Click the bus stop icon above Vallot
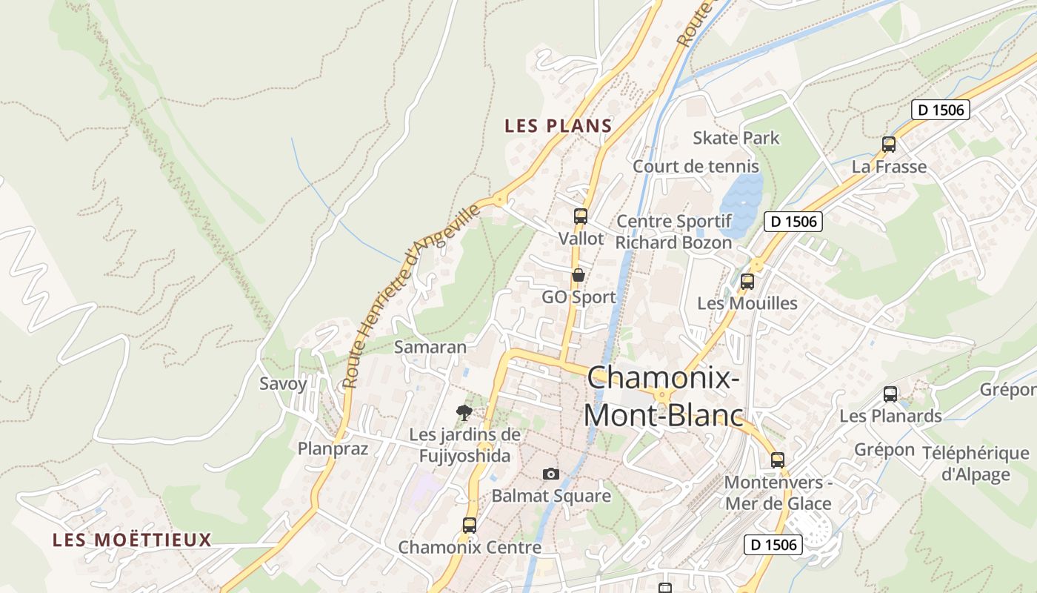point(581,216)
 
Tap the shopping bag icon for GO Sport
point(578,276)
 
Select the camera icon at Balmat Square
point(551,474)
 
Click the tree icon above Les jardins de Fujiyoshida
point(464,413)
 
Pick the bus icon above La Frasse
point(889,145)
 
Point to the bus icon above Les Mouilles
point(747,282)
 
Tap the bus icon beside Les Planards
point(890,394)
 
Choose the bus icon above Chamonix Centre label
point(470,526)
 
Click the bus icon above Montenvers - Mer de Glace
point(778,460)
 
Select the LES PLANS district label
point(558,126)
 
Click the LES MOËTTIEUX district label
point(132,540)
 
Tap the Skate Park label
point(736,138)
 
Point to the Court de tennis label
point(696,167)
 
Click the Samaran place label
point(430,347)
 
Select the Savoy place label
point(283,384)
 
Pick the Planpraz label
point(333,448)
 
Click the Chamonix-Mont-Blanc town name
point(663,397)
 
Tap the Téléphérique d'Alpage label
point(976,463)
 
